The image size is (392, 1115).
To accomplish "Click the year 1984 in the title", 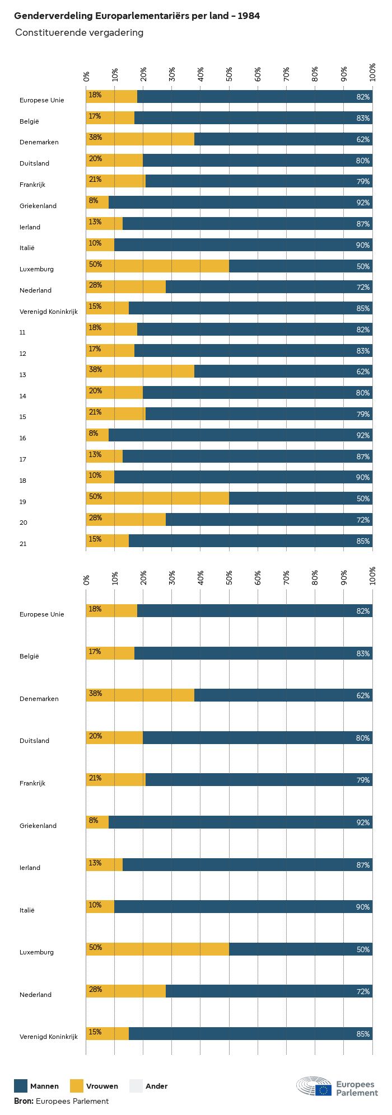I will [249, 16].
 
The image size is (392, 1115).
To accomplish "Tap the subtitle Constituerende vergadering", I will [79, 32].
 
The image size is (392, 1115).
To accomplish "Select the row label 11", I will [22, 332].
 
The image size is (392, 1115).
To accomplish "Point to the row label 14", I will [22, 396].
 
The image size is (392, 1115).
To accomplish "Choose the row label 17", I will [22, 459].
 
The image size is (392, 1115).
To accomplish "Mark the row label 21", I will [22, 544].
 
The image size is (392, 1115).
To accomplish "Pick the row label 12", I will [22, 354].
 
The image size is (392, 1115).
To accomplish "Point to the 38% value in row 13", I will [95, 370].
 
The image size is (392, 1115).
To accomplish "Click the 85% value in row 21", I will [363, 541].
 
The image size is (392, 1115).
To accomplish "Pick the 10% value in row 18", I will [95, 476].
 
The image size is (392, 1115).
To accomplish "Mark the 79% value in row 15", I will [363, 414].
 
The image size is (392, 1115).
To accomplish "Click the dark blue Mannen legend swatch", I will [21, 1086].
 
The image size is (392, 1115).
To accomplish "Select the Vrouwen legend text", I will [102, 1086].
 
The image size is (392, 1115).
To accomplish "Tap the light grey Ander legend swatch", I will [136, 1086].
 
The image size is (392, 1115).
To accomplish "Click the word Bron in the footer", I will [24, 1101].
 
